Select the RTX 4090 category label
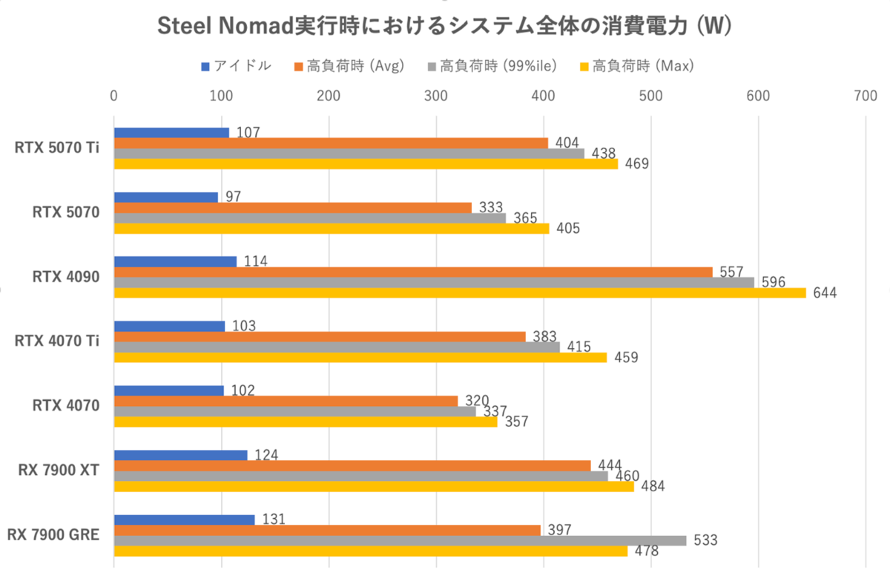click(x=67, y=277)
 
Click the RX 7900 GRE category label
click(x=53, y=534)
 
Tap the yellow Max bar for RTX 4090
click(x=460, y=292)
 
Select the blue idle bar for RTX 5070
click(x=166, y=197)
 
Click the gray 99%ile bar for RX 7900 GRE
click(x=400, y=540)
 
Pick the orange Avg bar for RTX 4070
click(x=286, y=401)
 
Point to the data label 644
click(x=824, y=292)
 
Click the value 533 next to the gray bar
click(x=705, y=540)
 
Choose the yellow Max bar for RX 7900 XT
click(x=374, y=487)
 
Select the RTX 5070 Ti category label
click(x=58, y=148)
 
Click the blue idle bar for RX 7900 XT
click(x=180, y=455)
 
